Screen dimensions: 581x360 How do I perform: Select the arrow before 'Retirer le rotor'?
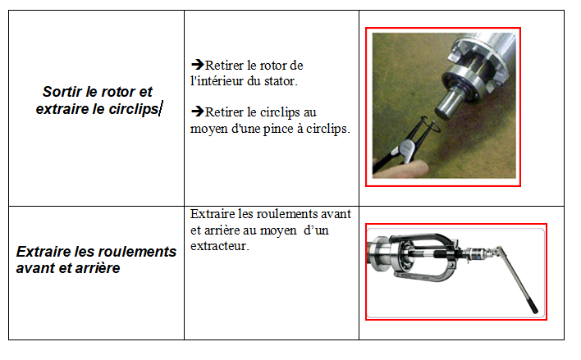pos(198,65)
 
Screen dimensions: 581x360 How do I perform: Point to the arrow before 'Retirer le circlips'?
pos(198,111)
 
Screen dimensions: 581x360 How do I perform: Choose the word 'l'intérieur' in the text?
pos(216,81)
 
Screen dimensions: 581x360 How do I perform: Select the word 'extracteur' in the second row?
pos(219,246)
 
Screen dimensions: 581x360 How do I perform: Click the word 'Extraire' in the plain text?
pos(213,214)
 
